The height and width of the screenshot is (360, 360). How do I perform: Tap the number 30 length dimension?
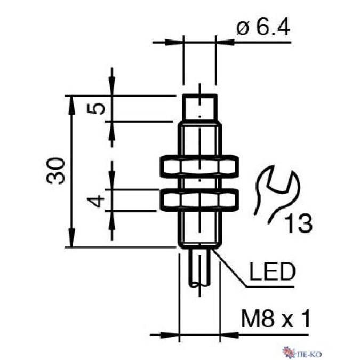click(55, 171)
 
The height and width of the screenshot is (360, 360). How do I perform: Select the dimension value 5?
click(96, 109)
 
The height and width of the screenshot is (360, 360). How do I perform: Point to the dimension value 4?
click(96, 201)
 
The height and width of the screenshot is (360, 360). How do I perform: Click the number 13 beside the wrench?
click(299, 223)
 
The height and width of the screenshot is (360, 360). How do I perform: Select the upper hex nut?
click(199, 167)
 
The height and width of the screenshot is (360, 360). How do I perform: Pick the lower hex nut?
click(199, 200)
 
